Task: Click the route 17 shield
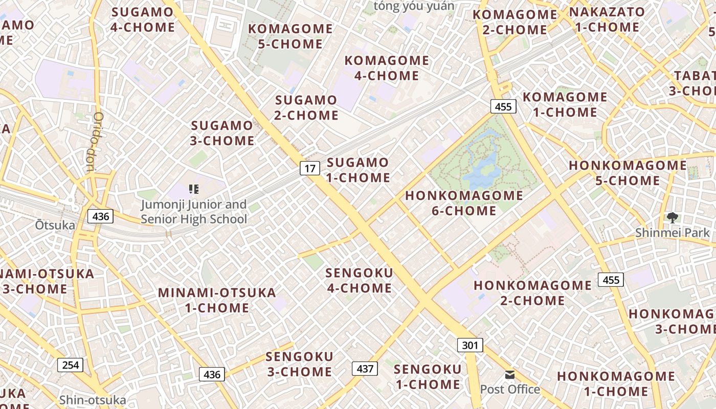310,168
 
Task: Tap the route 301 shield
470,345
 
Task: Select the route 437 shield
365,368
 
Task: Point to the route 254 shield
70,365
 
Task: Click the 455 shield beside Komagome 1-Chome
503,106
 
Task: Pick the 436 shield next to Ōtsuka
101,216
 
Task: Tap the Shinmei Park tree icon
672,218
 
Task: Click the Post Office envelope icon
510,375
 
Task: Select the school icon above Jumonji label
193,190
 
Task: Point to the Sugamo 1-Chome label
358,170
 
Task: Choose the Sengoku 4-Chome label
359,280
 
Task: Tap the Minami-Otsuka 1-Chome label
217,300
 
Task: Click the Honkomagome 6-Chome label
464,203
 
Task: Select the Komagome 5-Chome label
290,36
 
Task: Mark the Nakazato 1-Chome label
607,19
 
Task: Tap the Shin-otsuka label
93,400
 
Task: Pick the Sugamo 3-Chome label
222,133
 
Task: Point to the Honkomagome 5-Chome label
628,173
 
